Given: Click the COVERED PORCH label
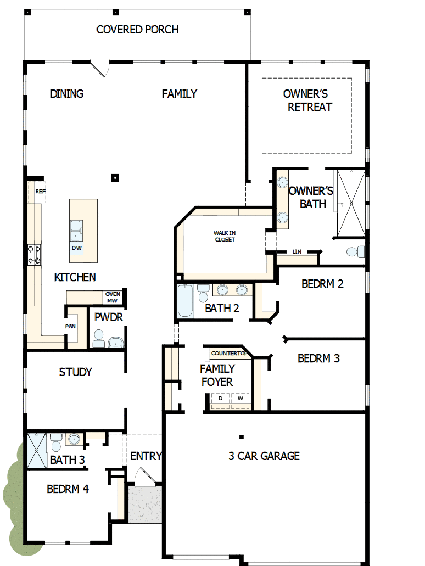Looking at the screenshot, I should click(137, 30).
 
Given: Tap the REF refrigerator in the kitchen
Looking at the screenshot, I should click(40, 192).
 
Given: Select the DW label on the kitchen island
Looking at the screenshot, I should click(77, 248).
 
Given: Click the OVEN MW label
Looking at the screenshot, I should click(112, 298).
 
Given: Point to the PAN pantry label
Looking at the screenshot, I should click(70, 326).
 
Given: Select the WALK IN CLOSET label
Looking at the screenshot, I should click(225, 237).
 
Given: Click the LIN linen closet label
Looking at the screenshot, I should click(297, 251).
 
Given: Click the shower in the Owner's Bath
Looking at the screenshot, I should click(350, 204).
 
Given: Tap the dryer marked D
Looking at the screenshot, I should click(220, 398).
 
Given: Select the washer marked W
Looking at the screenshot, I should click(240, 398).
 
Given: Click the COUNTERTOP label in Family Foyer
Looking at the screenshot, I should click(226, 353).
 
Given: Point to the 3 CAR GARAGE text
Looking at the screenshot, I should click(264, 456).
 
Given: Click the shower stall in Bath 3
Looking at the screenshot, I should click(36, 450).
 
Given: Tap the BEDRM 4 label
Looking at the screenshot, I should click(68, 489).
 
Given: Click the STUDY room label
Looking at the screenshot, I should click(75, 372).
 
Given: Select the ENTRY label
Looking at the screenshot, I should click(146, 456).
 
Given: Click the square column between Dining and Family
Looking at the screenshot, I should click(115, 177).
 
